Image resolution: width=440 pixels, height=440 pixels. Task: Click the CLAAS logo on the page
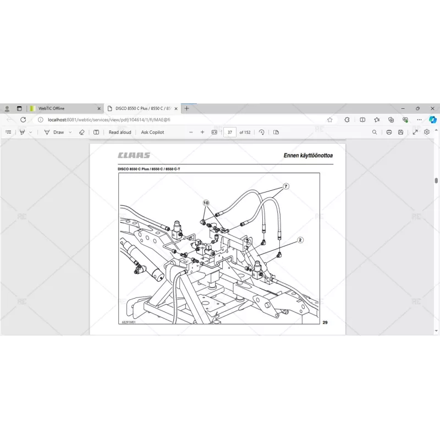(x=134, y=156)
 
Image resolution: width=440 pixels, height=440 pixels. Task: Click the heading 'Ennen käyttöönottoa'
(x=308, y=156)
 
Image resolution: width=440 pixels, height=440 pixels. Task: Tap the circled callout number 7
(x=286, y=186)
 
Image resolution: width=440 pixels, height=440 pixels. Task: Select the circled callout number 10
(x=206, y=203)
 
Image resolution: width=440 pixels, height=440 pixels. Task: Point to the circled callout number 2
(x=300, y=240)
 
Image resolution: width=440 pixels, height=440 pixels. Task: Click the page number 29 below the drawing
(x=325, y=322)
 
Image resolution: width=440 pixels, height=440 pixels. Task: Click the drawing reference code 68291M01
(x=128, y=323)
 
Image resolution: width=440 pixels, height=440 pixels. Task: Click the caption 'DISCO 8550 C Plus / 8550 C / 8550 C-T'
(x=149, y=169)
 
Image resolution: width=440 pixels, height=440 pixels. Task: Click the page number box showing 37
(x=229, y=132)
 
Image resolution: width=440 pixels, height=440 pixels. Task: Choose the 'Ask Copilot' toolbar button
(x=152, y=132)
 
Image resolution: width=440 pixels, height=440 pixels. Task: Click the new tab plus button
(x=186, y=108)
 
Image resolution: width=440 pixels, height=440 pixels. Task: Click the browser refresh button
(x=23, y=119)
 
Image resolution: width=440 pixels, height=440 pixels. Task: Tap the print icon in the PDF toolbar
(x=389, y=132)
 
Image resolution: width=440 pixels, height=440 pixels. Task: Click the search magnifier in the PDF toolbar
(x=375, y=132)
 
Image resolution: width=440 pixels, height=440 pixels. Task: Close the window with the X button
(x=432, y=108)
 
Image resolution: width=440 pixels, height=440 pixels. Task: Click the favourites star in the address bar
(x=329, y=119)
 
